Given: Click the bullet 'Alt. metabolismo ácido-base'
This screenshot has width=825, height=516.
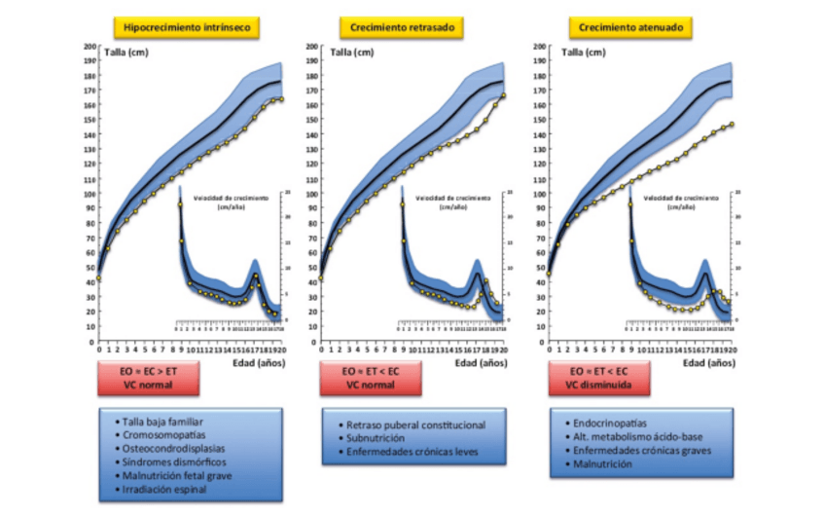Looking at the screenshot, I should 628,438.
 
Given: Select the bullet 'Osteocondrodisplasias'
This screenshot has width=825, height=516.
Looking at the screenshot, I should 166,449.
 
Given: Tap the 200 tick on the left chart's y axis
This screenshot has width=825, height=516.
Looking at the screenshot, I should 89,47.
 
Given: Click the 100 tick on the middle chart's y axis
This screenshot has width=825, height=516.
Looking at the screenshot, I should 310,194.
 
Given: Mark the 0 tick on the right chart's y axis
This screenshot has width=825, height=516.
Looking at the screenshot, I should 533,341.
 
